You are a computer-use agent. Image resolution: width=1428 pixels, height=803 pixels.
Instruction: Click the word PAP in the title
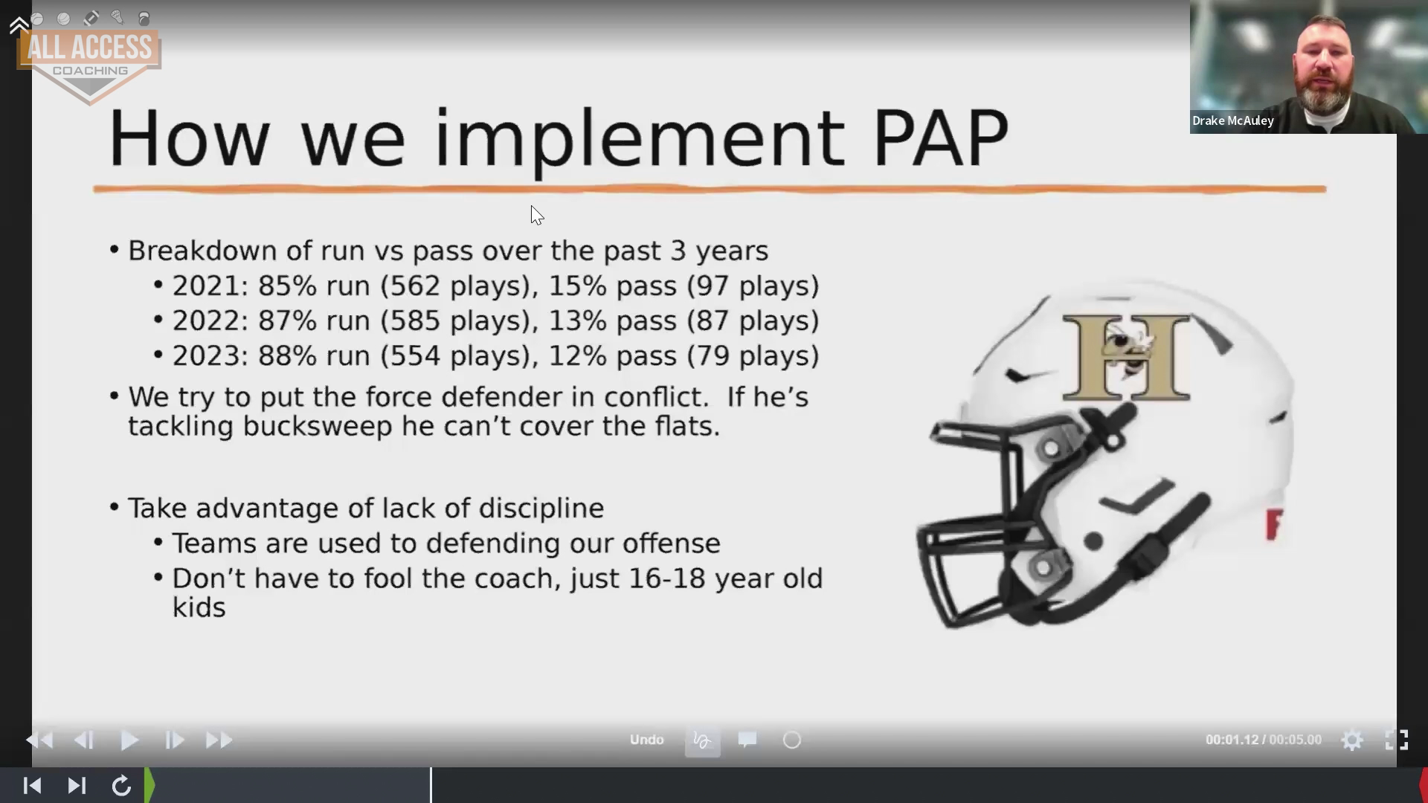click(941, 138)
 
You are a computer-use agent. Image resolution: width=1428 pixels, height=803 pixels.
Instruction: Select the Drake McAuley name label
click(1232, 120)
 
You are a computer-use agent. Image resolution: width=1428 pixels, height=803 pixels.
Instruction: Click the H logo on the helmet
click(1127, 357)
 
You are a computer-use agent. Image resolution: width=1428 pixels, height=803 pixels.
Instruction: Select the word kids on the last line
click(199, 607)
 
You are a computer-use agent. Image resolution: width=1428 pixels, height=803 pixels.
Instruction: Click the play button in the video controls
click(129, 740)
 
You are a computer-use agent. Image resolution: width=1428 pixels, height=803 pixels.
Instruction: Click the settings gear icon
click(1352, 740)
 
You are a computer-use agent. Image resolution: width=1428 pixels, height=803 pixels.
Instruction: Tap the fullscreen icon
click(1397, 740)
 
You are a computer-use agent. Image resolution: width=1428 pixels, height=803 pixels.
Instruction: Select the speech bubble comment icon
click(747, 740)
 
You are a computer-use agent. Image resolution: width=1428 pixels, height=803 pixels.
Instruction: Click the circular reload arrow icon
click(121, 786)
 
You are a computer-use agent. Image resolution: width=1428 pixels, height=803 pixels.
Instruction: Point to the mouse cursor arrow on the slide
click(537, 215)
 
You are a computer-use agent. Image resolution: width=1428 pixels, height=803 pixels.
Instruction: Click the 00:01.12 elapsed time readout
click(1232, 740)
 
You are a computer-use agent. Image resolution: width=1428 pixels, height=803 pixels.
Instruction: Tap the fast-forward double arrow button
click(219, 740)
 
